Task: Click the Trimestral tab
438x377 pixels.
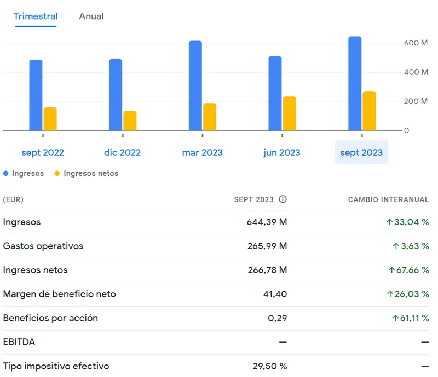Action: point(36,16)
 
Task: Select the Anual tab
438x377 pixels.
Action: point(91,16)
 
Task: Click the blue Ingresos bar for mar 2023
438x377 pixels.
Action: point(195,85)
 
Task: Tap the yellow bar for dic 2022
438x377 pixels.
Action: point(130,121)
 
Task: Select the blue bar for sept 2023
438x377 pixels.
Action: point(355,83)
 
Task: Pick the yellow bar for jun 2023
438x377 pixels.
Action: point(289,113)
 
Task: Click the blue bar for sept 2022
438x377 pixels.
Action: point(36,95)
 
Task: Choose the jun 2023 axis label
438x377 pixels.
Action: point(282,152)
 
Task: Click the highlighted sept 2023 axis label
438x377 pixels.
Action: point(361,152)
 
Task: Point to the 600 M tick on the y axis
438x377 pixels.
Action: point(416,43)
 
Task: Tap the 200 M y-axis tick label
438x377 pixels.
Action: point(416,101)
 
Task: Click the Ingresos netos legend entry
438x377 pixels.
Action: point(90,173)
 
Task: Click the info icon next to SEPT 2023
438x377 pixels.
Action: point(283,199)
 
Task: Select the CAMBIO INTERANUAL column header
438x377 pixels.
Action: point(388,199)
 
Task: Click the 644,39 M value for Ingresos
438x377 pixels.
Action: point(267,222)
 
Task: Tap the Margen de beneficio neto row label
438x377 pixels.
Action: point(59,294)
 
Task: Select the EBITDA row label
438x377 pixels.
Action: point(19,342)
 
